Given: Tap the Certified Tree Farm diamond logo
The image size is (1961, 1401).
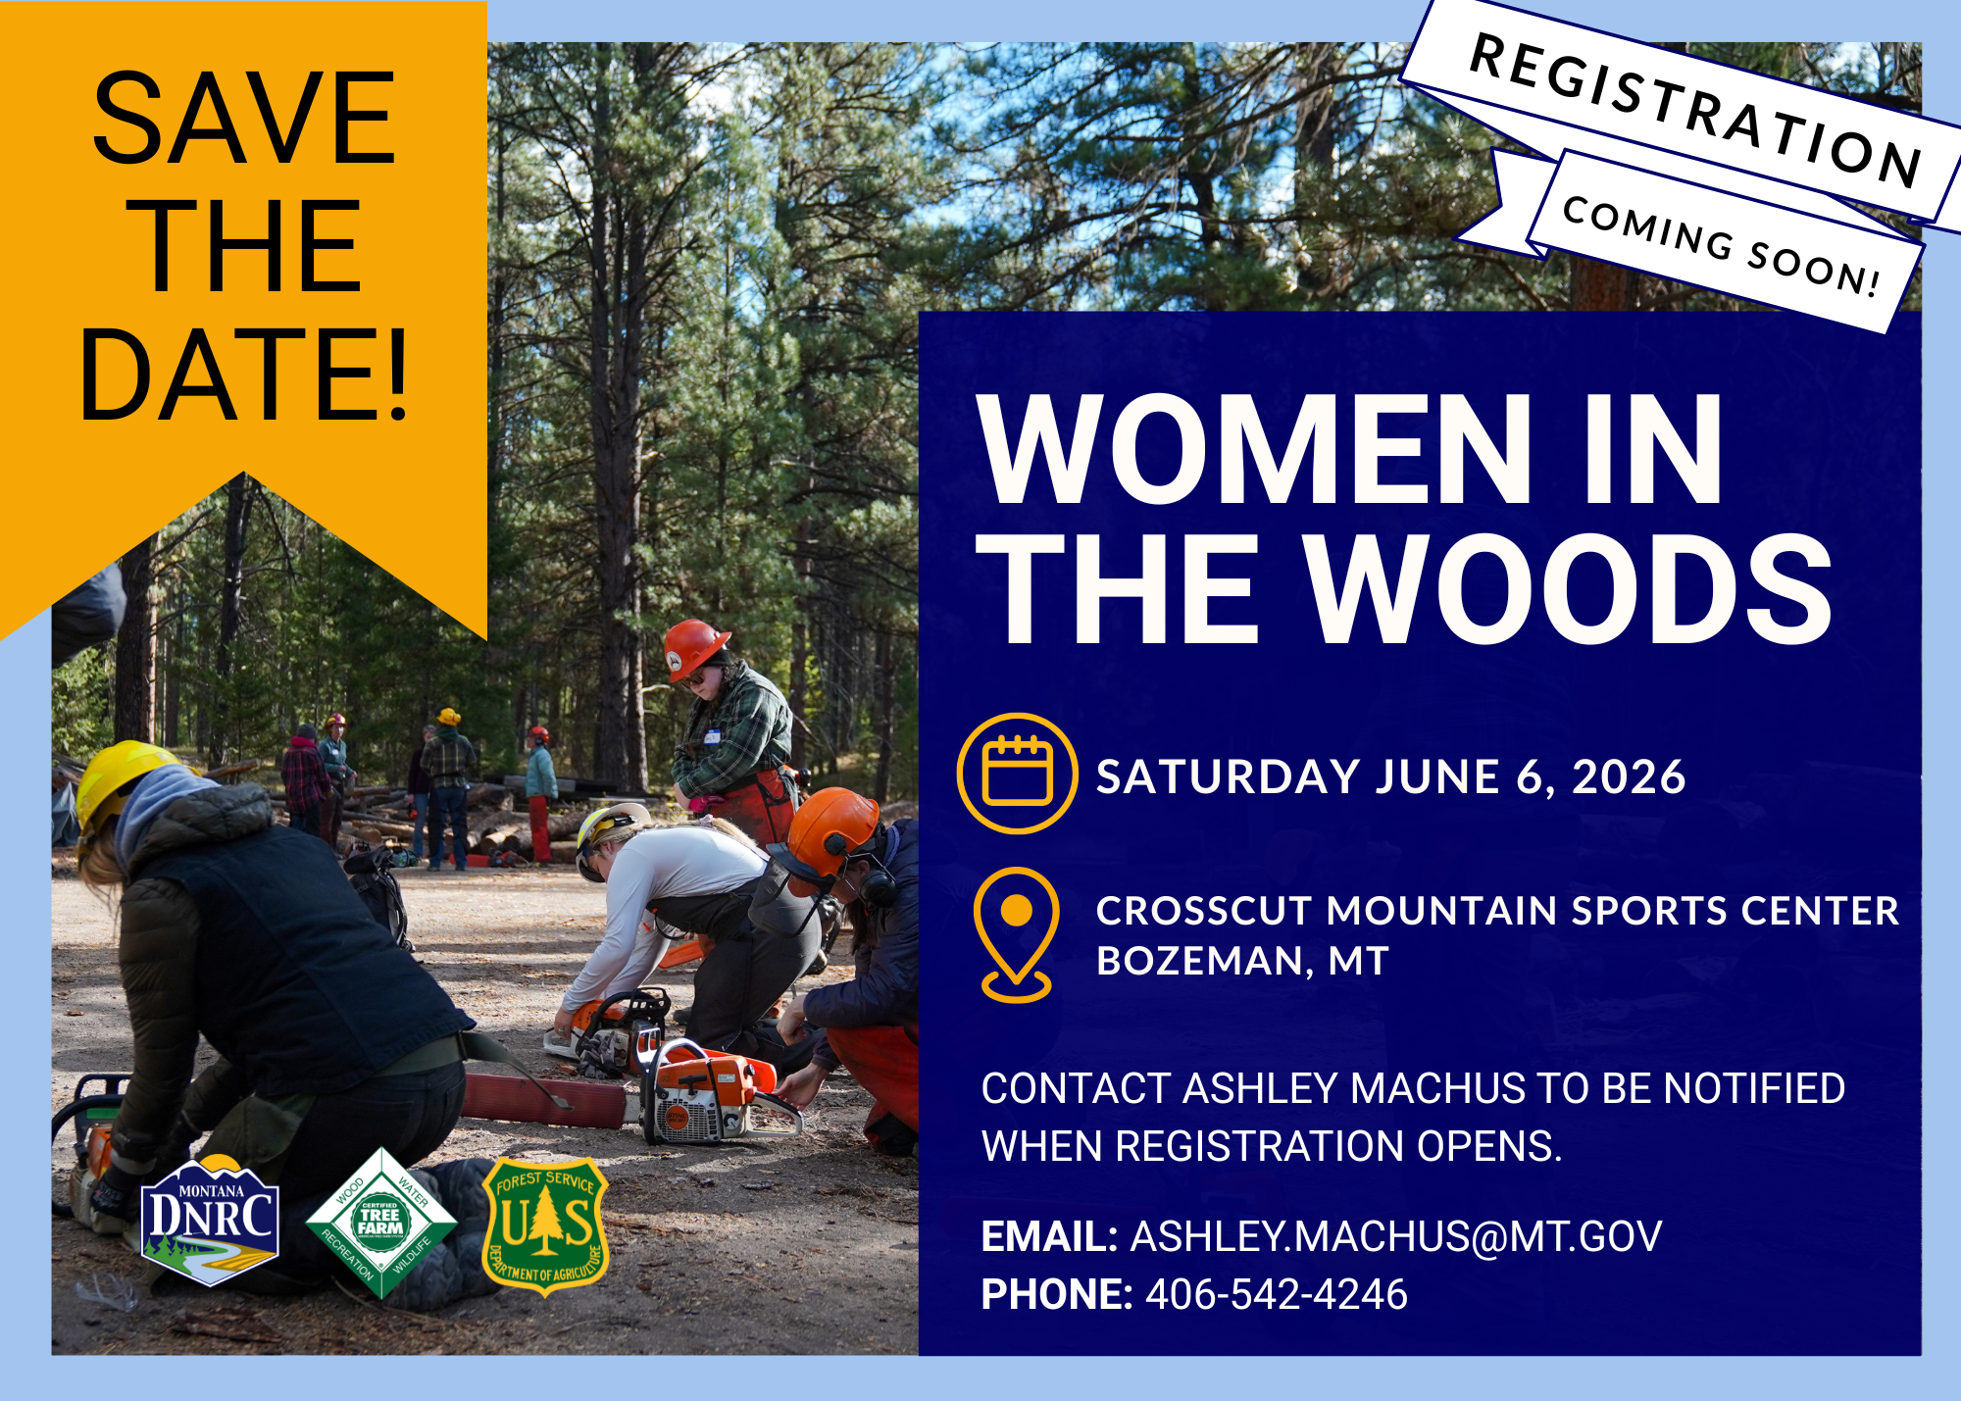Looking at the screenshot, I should (380, 1223).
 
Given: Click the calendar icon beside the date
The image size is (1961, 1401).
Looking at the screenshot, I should (1017, 774).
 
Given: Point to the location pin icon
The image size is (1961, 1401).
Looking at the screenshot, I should (1017, 932).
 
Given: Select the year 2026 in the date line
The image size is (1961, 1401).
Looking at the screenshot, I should (1629, 777).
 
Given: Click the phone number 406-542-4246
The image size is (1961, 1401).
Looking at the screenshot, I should (1276, 1294).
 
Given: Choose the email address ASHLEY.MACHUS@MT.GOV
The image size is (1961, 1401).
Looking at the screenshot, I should (1395, 1236).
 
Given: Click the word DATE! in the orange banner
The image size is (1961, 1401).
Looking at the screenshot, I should (243, 375).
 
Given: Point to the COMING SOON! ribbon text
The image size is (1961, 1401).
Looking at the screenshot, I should (1721, 245).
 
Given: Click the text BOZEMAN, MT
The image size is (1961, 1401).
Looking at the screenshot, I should (1242, 961).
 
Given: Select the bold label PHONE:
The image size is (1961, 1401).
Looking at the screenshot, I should (1056, 1294).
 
